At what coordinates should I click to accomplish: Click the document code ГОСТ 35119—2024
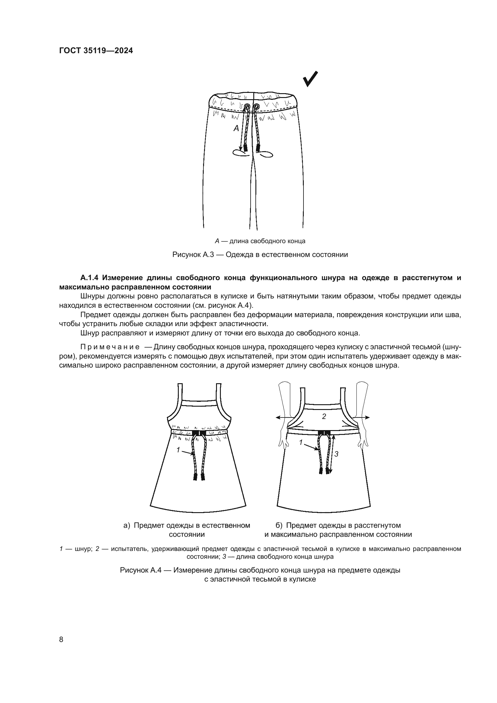tap(96, 51)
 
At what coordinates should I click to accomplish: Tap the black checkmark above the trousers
tap(310, 79)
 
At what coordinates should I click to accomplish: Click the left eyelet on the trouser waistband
tap(247, 106)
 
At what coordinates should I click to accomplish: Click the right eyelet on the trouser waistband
tap(256, 106)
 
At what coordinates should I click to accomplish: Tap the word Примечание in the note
tap(110, 347)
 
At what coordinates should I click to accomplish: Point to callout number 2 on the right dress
tap(324, 416)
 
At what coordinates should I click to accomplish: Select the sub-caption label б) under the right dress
tap(279, 525)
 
